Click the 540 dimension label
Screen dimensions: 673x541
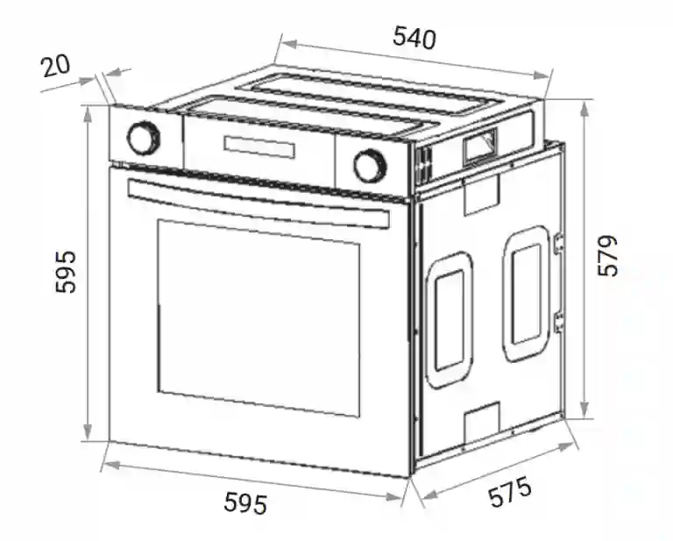click(x=414, y=38)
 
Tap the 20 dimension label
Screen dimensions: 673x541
click(x=55, y=66)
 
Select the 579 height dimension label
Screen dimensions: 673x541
click(x=607, y=256)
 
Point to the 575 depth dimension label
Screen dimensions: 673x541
click(x=510, y=492)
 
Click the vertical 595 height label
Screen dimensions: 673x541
click(x=66, y=272)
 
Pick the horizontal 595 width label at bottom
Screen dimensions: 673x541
click(x=245, y=503)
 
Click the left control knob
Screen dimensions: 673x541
click(x=144, y=138)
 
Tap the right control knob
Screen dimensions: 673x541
click(x=370, y=167)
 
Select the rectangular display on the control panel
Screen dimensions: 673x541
click(x=259, y=146)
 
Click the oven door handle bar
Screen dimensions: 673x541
click(x=259, y=203)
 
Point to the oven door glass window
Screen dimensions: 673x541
click(x=259, y=318)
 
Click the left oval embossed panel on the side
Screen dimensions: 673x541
click(x=449, y=320)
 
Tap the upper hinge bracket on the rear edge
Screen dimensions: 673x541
click(x=559, y=243)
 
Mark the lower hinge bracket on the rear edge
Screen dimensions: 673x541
click(x=559, y=323)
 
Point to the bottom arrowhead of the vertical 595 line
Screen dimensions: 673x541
click(x=87, y=431)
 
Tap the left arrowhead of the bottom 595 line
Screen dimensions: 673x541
click(x=111, y=465)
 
